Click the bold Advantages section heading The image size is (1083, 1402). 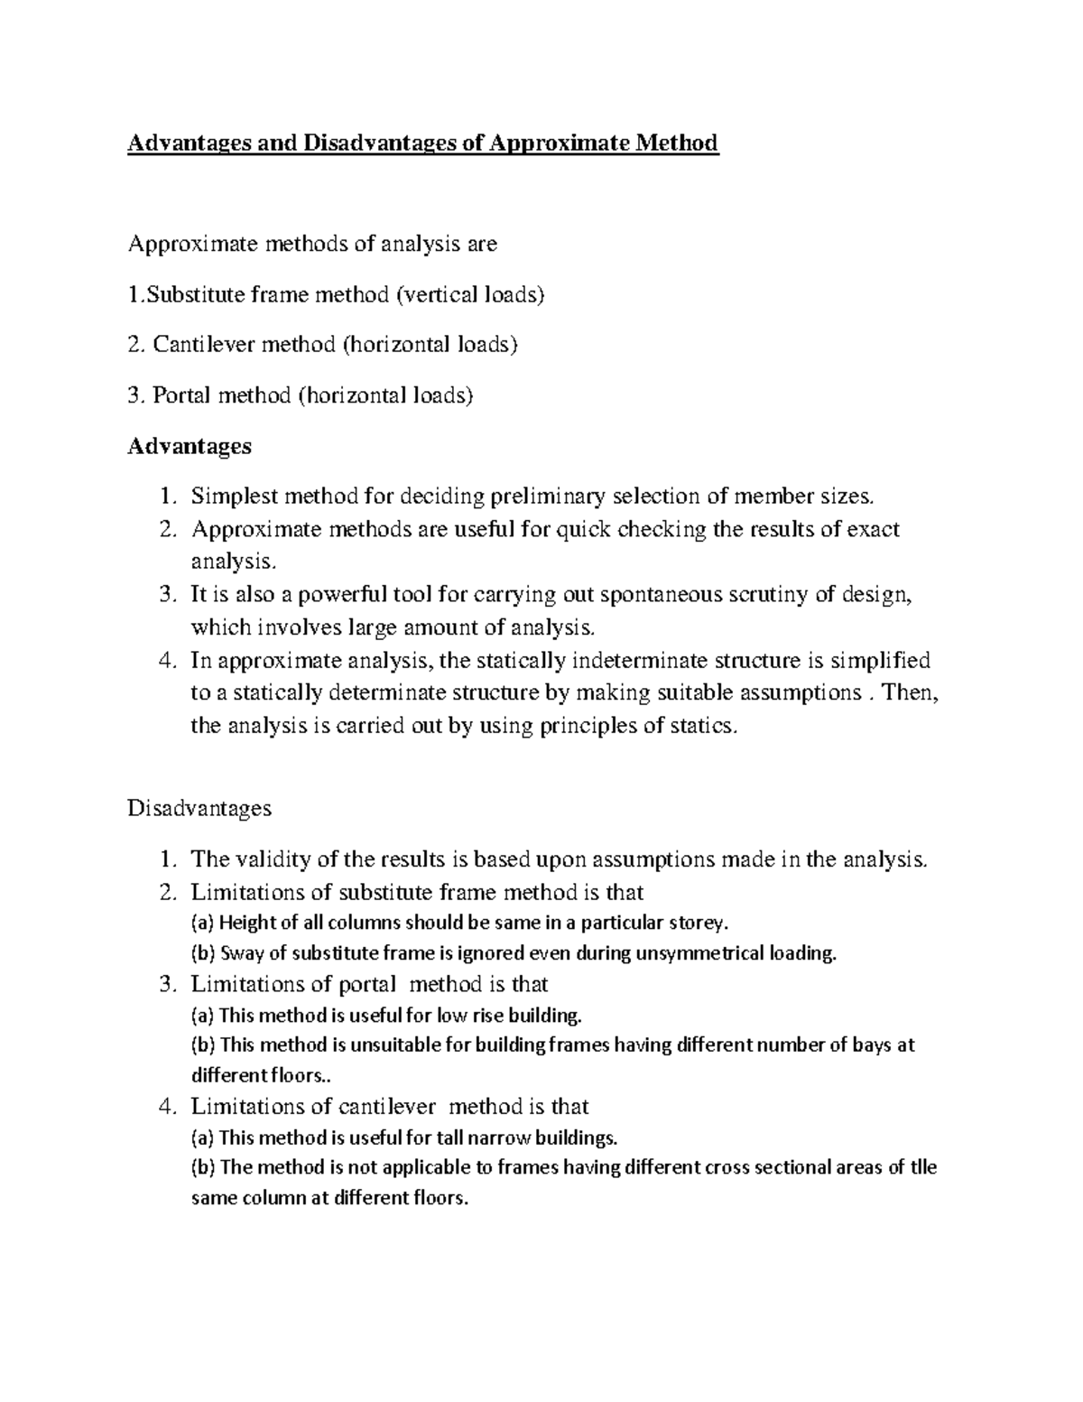pos(190,446)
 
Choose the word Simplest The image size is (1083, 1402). pos(234,496)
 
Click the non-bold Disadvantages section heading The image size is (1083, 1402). pos(199,807)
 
